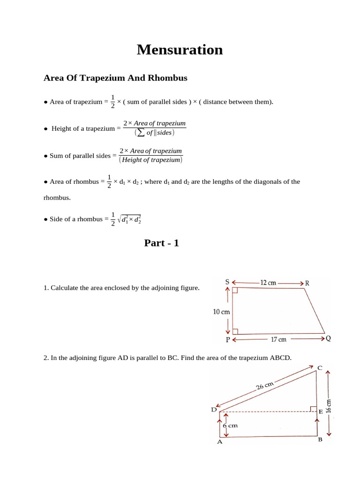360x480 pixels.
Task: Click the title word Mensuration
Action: [x=180, y=50]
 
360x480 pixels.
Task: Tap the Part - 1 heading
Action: [x=161, y=243]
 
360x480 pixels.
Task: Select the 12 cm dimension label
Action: [x=268, y=283]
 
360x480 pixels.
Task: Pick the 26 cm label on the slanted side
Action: [x=265, y=386]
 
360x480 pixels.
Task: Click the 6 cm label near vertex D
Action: [x=230, y=426]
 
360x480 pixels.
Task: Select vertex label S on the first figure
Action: [x=227, y=282]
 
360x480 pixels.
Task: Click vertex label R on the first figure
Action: [x=307, y=283]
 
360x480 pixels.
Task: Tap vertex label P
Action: [x=227, y=340]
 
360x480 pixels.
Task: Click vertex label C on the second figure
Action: [x=320, y=367]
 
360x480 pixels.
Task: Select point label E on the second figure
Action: [x=321, y=412]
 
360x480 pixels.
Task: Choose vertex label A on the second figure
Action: [x=219, y=442]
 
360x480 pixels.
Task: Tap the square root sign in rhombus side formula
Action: [x=120, y=219]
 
